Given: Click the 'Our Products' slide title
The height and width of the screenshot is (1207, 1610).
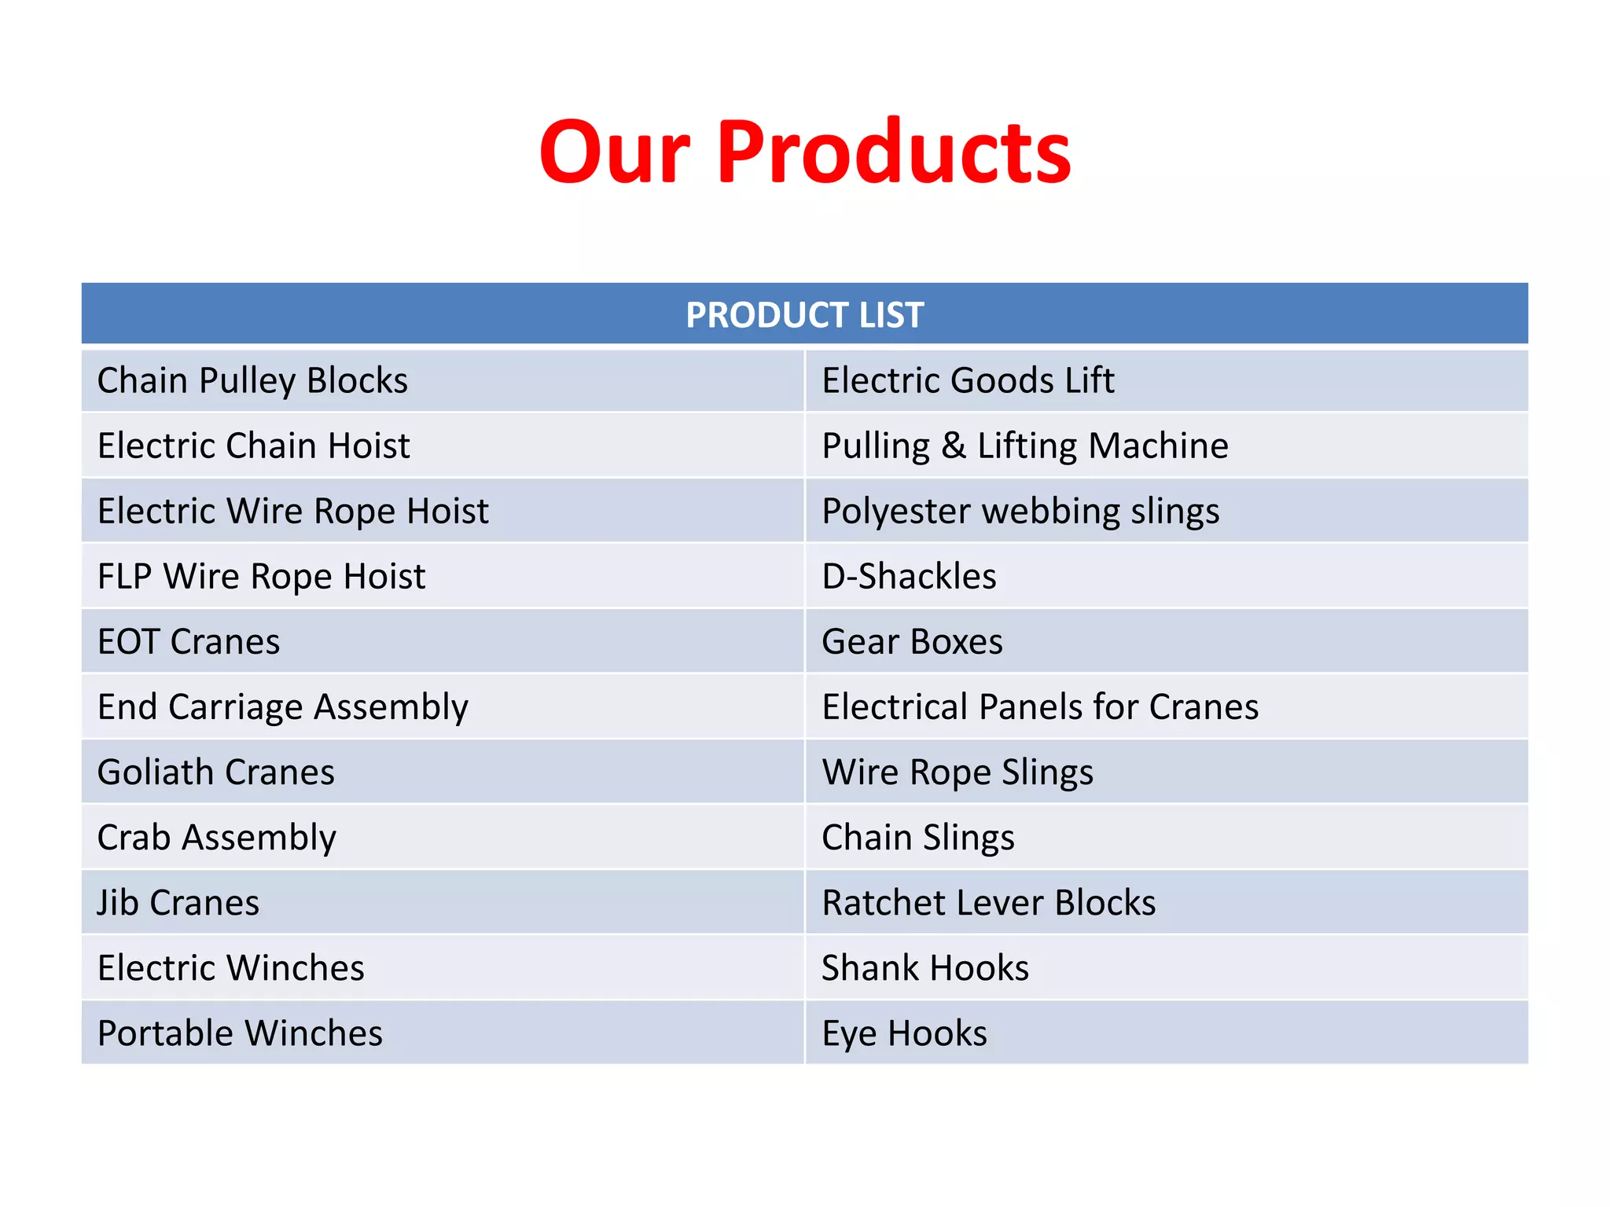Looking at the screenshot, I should click(x=804, y=152).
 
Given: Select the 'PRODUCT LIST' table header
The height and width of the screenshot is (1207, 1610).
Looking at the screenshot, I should click(x=804, y=315).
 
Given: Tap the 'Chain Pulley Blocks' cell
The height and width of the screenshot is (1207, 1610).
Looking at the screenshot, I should click(x=252, y=381).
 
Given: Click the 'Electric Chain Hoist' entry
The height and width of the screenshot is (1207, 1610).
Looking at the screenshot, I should click(x=253, y=446).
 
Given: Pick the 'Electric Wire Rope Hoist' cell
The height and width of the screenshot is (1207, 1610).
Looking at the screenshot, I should click(x=292, y=512).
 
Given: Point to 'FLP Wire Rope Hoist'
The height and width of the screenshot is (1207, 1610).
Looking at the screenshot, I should click(x=261, y=577).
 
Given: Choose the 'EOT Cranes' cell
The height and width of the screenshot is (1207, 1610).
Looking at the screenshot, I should click(x=189, y=642).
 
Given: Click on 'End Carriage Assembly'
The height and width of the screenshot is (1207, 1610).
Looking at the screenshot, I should click(x=282, y=707).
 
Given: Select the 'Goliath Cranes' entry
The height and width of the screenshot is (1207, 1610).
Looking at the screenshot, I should click(x=215, y=772).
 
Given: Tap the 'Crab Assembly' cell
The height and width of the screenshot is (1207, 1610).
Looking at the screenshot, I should click(x=216, y=838).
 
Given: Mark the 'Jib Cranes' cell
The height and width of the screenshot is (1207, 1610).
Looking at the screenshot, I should click(x=178, y=903).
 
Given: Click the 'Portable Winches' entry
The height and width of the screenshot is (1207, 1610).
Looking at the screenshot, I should click(x=240, y=1033).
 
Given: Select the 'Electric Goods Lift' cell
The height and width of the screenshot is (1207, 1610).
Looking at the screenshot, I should click(x=968, y=381).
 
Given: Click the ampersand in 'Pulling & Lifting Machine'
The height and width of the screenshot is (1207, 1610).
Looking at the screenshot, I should click(x=953, y=446).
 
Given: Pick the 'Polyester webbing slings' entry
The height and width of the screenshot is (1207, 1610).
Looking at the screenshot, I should click(x=1020, y=512).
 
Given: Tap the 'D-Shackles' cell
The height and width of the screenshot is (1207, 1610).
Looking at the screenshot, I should click(x=909, y=577).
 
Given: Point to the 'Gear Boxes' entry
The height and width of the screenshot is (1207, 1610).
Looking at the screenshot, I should click(x=912, y=642).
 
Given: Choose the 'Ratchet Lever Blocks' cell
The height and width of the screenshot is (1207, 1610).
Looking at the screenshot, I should click(x=988, y=903).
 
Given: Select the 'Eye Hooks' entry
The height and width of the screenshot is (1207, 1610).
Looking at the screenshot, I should click(x=904, y=1033).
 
